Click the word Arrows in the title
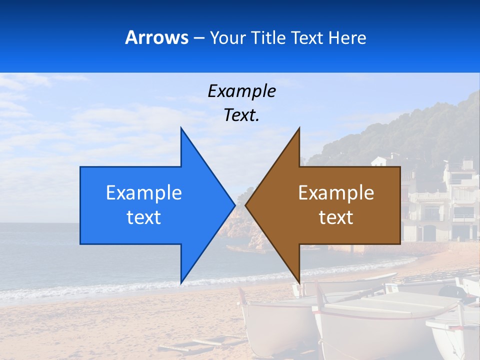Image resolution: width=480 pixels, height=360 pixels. pos(156,37)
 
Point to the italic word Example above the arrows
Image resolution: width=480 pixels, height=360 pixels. pos(241,91)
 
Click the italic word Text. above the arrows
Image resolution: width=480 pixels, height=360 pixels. pos(241,115)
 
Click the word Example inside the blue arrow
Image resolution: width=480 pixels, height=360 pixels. pos(144,192)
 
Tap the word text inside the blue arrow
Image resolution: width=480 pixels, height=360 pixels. pos(144,217)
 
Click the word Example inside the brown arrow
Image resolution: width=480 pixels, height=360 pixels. pos(336,192)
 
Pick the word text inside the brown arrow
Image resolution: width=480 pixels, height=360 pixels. pos(336,217)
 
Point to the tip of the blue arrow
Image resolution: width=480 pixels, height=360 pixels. pos(234,205)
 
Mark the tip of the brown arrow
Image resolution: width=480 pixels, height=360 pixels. pos(246,205)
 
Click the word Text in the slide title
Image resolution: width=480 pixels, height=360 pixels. pos(307,38)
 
